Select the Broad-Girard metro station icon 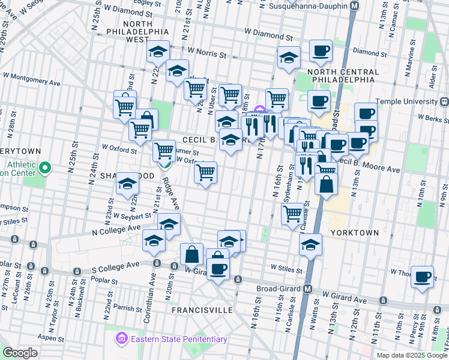coord(307,289)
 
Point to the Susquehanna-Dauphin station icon coord(354,5)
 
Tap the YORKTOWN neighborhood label coord(354,232)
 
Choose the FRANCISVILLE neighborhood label coord(202,310)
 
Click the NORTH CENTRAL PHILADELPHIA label coord(343,76)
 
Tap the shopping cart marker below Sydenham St coord(293,212)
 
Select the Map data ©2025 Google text coord(411,355)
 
